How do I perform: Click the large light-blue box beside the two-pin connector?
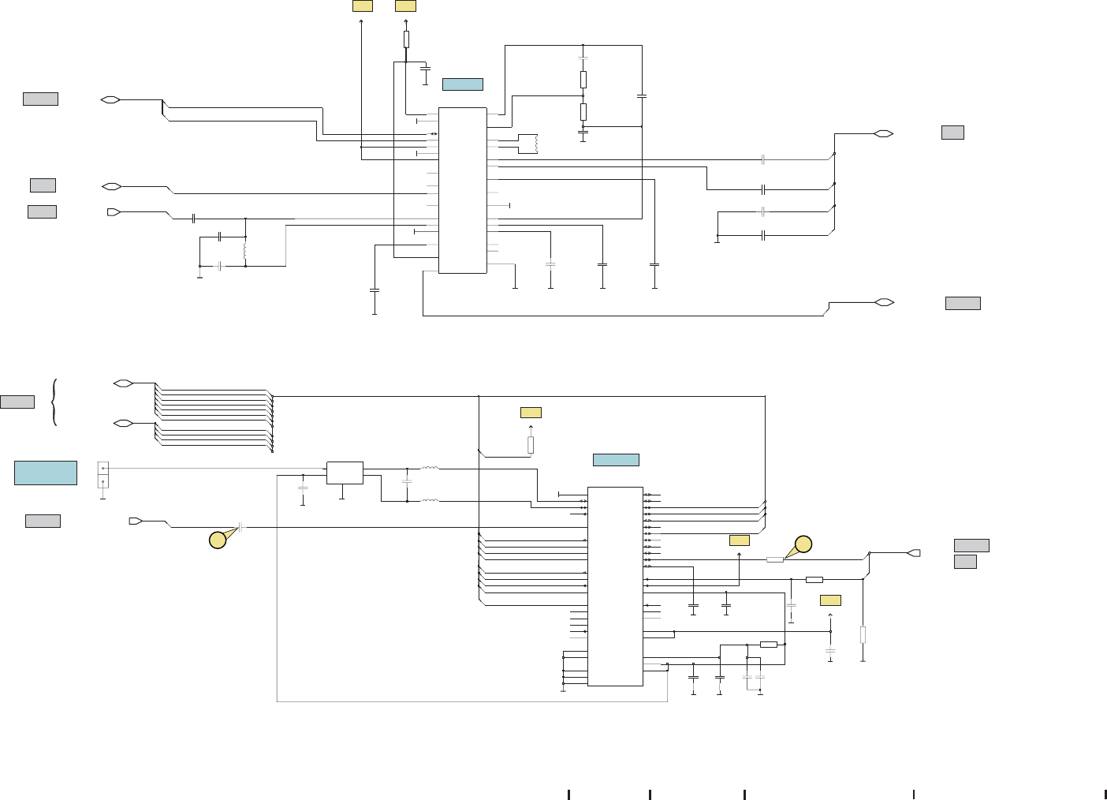[x=46, y=473]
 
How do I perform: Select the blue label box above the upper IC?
[x=462, y=84]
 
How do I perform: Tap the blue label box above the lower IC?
[x=615, y=460]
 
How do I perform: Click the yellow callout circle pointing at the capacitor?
[x=218, y=540]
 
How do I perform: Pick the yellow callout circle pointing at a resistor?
[x=803, y=544]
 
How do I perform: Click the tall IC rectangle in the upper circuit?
[x=462, y=190]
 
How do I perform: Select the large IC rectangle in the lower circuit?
[x=615, y=586]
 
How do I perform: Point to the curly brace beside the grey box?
[x=54, y=402]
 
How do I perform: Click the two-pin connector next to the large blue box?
[x=102, y=474]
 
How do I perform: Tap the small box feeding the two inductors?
[x=345, y=473]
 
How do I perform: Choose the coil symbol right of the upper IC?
[x=535, y=144]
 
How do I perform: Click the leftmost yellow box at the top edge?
[x=362, y=6]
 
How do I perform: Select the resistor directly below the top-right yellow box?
[x=406, y=39]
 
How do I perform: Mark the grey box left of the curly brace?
[x=17, y=402]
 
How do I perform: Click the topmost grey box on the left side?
[x=40, y=99]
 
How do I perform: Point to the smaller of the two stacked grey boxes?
[x=965, y=561]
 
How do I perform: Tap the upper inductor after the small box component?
[x=430, y=469]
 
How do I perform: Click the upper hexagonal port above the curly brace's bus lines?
[x=123, y=383]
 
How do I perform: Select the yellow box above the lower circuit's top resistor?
[x=531, y=412]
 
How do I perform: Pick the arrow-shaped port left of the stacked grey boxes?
[x=914, y=552]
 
